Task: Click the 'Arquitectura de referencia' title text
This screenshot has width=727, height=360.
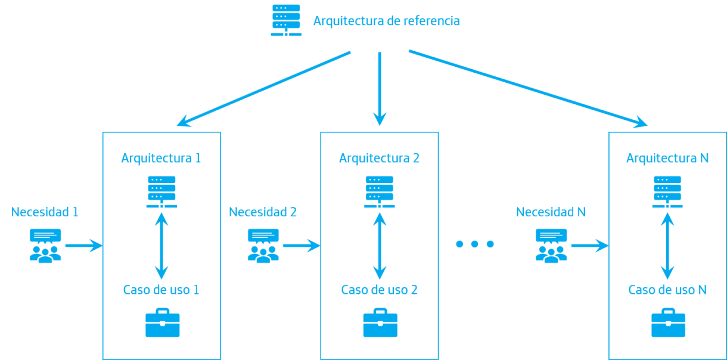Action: coord(386,21)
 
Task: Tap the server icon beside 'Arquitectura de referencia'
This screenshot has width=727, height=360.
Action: coord(286,20)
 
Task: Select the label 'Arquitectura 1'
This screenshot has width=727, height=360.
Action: coord(161,159)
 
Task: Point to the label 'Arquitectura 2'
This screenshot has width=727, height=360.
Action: coord(379,159)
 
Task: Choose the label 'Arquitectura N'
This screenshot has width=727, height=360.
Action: coord(667,159)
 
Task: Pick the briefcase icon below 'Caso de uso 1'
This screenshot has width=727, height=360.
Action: coord(162,323)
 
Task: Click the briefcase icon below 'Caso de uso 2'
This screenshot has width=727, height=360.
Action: coord(380,323)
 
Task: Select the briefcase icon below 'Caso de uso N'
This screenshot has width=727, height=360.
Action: coord(668,323)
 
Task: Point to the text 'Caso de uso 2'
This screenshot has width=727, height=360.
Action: coord(379,290)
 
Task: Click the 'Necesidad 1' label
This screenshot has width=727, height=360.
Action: coord(45,212)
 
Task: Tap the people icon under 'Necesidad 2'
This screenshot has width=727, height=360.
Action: coord(263,246)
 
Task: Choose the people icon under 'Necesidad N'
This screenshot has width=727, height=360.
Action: coord(551,246)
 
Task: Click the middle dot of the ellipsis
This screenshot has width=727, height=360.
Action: coord(475,244)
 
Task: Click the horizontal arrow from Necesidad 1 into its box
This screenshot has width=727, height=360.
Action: coord(83,245)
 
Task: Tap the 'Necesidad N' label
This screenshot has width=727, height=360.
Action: coord(551,212)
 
